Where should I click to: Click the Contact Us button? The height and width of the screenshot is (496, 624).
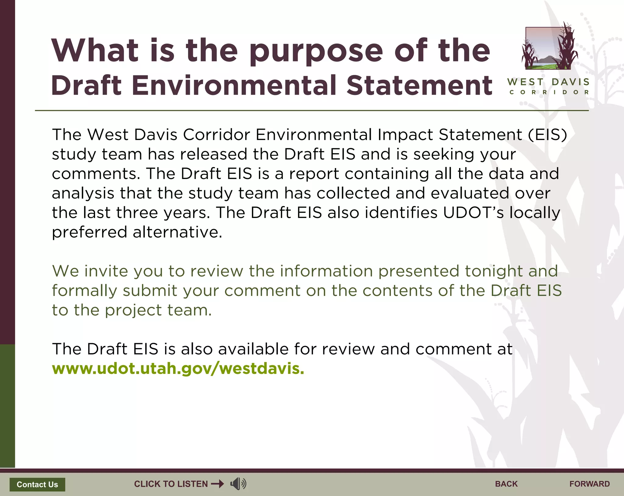[37, 484]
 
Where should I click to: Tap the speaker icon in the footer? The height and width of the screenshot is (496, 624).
[238, 484]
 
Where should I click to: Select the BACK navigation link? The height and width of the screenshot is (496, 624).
[506, 484]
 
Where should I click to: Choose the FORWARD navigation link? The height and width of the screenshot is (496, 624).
[589, 484]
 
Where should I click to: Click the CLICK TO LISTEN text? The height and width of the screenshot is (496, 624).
[171, 484]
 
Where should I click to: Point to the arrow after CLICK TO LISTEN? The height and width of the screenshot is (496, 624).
[218, 484]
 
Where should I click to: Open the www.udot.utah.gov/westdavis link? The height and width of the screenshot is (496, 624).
[178, 368]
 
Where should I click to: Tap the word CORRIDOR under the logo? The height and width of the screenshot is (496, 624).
[549, 92]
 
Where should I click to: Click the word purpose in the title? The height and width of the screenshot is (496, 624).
[316, 51]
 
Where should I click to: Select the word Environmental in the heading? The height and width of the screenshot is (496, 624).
[234, 86]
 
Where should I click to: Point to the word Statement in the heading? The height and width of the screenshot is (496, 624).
[419, 86]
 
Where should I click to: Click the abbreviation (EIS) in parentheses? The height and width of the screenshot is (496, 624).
[547, 135]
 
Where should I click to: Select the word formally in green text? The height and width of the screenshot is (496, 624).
[84, 291]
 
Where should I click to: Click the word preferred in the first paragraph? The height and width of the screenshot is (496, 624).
[89, 232]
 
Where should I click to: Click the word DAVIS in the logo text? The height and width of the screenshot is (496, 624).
[570, 82]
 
